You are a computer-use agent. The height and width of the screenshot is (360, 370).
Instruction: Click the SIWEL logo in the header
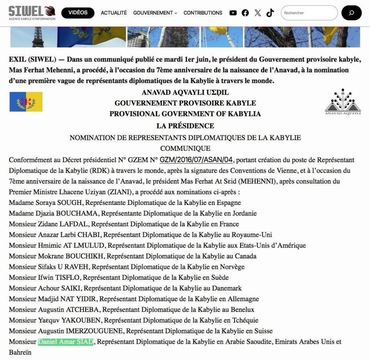[x=32, y=13]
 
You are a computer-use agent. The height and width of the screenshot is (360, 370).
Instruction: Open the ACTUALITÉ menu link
[x=114, y=13]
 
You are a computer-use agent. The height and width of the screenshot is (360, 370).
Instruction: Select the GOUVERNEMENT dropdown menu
[x=155, y=13]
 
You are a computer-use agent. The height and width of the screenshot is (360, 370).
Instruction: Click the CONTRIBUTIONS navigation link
[x=203, y=13]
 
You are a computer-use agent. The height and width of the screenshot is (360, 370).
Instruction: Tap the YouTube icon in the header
[x=233, y=13]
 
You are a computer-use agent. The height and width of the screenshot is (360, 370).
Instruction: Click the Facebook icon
[x=245, y=13]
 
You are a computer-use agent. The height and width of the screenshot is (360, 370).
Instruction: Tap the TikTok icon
[x=270, y=13]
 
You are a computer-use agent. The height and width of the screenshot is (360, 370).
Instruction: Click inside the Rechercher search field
[x=309, y=13]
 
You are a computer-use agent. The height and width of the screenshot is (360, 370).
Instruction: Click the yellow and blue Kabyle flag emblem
[x=26, y=102]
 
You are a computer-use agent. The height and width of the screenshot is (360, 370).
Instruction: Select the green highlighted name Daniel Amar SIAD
[x=66, y=342]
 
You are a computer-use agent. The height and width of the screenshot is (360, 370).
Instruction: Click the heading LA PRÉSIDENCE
[x=185, y=126]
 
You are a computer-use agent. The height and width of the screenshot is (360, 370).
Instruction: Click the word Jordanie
[x=244, y=213]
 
